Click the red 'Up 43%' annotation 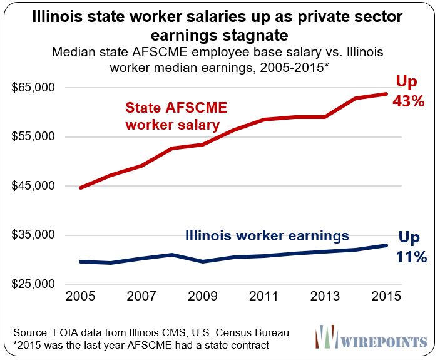409,91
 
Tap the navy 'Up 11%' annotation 411,247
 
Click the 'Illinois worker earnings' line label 267,236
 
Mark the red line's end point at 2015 386,94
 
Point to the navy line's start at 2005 81,261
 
